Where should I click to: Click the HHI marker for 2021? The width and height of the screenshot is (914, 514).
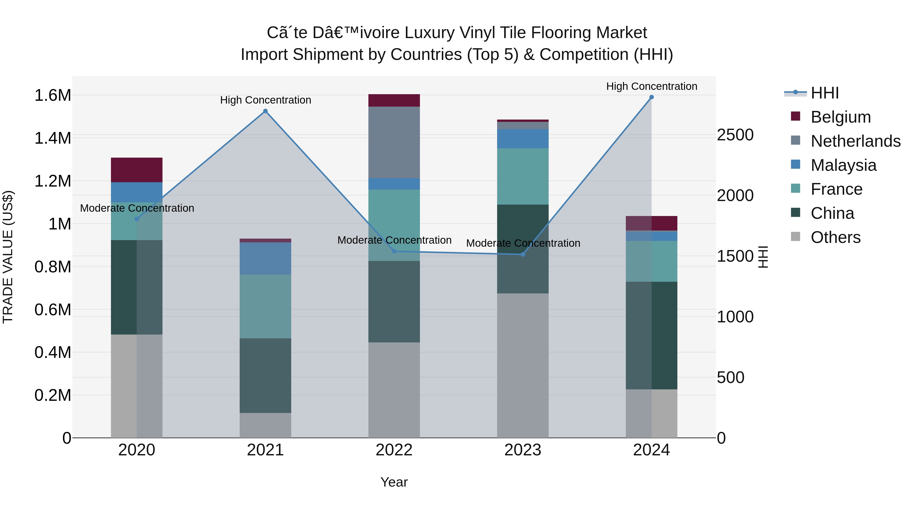point(265,111)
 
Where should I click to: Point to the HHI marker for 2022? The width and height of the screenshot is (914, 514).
point(394,251)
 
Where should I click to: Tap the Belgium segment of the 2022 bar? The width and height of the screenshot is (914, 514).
point(394,100)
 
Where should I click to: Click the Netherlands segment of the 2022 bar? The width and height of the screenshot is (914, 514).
point(394,142)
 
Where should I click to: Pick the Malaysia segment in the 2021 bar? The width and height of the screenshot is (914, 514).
point(265,258)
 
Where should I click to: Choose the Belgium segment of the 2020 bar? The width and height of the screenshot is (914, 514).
point(137,170)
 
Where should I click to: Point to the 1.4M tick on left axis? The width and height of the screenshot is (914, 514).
point(53,138)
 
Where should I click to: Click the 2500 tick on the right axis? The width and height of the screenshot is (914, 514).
point(735,135)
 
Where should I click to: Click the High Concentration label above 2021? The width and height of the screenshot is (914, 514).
point(265,100)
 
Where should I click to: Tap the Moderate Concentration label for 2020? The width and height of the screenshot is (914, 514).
point(137,208)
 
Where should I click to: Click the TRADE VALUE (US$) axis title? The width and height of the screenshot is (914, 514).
point(8,257)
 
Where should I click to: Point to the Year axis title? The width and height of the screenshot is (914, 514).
point(394,482)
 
